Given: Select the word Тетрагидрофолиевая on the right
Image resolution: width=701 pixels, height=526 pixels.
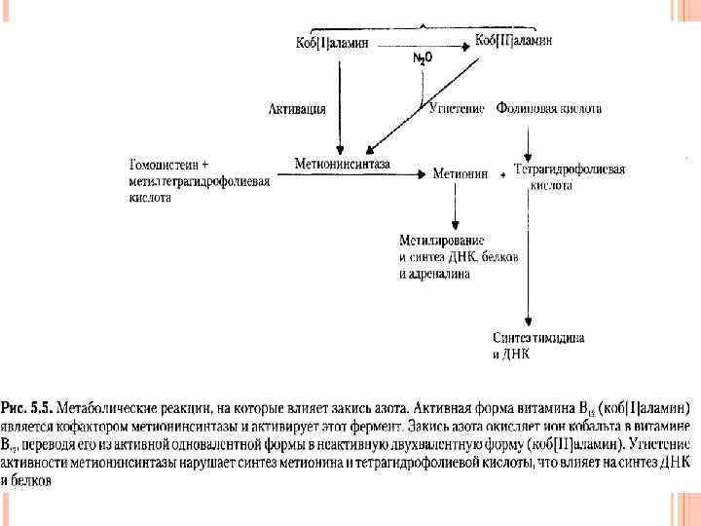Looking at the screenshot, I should click(570, 169).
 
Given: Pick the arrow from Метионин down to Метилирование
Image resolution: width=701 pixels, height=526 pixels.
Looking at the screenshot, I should click(455, 205).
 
